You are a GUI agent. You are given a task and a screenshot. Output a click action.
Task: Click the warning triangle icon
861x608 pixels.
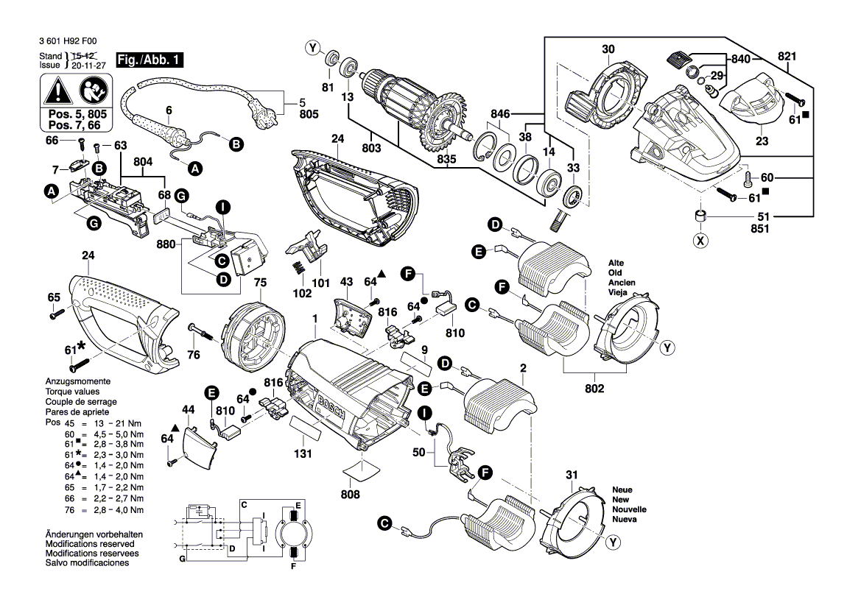(56, 92)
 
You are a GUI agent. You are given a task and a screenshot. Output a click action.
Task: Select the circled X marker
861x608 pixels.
(700, 240)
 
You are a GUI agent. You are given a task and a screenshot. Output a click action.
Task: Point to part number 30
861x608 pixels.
(608, 49)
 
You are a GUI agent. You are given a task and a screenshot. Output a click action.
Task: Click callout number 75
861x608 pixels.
(259, 282)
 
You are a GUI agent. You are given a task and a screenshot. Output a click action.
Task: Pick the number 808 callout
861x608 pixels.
(351, 495)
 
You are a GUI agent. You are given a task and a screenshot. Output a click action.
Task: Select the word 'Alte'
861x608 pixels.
(616, 263)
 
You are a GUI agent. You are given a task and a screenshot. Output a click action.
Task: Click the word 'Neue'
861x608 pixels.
(622, 489)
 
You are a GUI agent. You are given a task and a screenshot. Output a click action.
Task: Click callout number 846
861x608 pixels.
(501, 114)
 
